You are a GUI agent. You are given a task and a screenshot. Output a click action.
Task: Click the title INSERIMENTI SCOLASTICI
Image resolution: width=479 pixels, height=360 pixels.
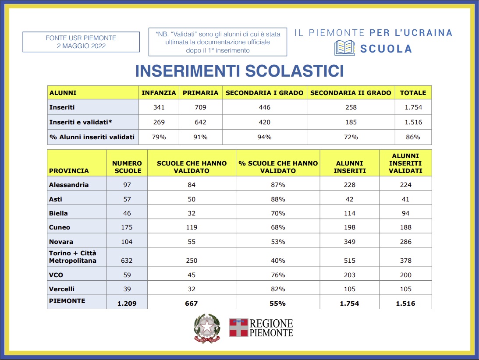(x=239, y=71)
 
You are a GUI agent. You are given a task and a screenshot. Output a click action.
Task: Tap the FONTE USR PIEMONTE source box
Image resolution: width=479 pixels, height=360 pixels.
(x=81, y=42)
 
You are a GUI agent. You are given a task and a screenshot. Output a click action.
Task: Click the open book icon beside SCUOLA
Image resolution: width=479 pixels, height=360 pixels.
(x=344, y=48)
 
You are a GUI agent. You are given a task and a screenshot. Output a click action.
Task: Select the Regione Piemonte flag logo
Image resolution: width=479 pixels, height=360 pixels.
(x=238, y=328)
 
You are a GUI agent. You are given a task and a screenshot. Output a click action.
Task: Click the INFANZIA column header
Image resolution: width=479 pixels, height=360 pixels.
(x=159, y=93)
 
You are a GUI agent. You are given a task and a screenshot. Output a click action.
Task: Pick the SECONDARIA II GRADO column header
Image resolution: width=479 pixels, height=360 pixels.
(x=351, y=93)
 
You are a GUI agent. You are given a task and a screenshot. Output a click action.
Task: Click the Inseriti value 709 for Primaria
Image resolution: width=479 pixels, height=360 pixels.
(x=200, y=107)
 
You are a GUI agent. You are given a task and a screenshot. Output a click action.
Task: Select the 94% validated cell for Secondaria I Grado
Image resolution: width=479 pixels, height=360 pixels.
(x=265, y=137)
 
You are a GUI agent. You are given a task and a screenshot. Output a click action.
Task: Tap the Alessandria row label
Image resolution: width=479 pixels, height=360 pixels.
(x=69, y=185)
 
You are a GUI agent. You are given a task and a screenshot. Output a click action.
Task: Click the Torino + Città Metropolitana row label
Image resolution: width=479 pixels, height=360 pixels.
(x=73, y=257)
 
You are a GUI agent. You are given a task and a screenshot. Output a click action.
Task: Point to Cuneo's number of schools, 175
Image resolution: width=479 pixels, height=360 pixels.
(x=127, y=228)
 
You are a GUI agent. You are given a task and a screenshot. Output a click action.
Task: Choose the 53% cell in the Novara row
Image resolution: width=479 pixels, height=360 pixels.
(x=278, y=242)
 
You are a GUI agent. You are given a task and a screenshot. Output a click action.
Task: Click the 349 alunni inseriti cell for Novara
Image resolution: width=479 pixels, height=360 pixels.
(x=350, y=242)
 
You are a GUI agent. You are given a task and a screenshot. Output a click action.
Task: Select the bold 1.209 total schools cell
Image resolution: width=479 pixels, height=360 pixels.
(x=127, y=303)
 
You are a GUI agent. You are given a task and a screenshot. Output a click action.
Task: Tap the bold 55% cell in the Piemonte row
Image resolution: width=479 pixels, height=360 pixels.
(x=278, y=303)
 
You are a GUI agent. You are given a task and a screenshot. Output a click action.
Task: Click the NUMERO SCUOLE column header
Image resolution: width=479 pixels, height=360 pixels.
(x=127, y=167)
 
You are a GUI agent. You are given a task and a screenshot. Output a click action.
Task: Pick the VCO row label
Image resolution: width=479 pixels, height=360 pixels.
(x=56, y=275)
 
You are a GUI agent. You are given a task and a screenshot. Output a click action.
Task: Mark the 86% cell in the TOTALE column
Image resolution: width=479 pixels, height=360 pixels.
(x=413, y=137)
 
